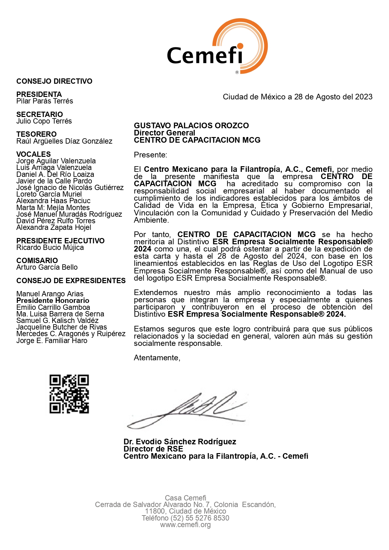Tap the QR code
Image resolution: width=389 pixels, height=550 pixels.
click(69, 394)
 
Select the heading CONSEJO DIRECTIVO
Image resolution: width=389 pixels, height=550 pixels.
click(54, 81)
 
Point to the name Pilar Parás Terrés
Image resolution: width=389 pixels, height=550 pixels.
click(45, 101)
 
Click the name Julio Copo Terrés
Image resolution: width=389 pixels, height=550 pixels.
click(44, 121)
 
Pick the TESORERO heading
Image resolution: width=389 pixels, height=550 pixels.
click(36, 134)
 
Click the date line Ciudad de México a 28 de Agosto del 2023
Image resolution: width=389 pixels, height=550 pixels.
click(297, 97)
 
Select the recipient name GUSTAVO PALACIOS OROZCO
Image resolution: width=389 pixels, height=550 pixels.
click(191, 125)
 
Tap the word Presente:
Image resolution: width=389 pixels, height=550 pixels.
click(150, 155)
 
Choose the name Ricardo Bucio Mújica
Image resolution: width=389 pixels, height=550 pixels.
click(50, 247)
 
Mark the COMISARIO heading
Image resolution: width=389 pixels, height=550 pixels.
click(37, 261)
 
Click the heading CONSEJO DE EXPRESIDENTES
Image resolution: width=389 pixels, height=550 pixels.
click(71, 281)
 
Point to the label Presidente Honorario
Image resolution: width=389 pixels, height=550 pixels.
click(53, 300)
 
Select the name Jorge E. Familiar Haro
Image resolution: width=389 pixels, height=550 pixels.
click(52, 341)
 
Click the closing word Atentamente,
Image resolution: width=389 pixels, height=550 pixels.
click(157, 358)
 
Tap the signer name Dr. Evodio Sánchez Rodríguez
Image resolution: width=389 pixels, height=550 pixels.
click(180, 442)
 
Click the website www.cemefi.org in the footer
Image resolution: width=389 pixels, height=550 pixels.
click(185, 525)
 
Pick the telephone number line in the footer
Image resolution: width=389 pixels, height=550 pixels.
click(185, 518)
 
